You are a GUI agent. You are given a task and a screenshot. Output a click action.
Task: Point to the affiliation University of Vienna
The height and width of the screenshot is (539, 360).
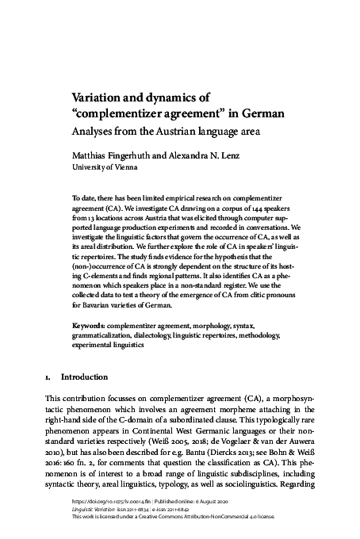click(104, 168)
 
